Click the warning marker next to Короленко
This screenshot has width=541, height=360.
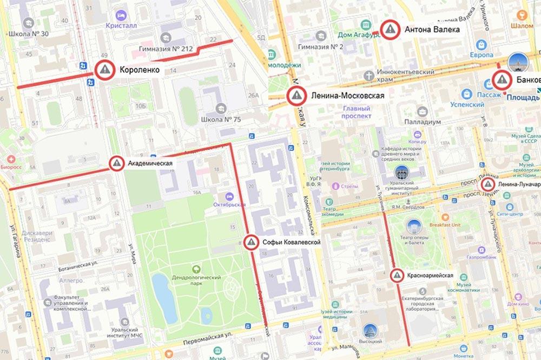point(104,70)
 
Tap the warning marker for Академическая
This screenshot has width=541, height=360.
point(117,163)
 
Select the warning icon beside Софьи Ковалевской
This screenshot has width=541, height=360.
point(250,242)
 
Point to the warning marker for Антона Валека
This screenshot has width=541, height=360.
point(390,30)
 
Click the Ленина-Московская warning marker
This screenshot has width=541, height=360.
point(296,97)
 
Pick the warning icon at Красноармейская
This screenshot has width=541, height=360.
point(397,275)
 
